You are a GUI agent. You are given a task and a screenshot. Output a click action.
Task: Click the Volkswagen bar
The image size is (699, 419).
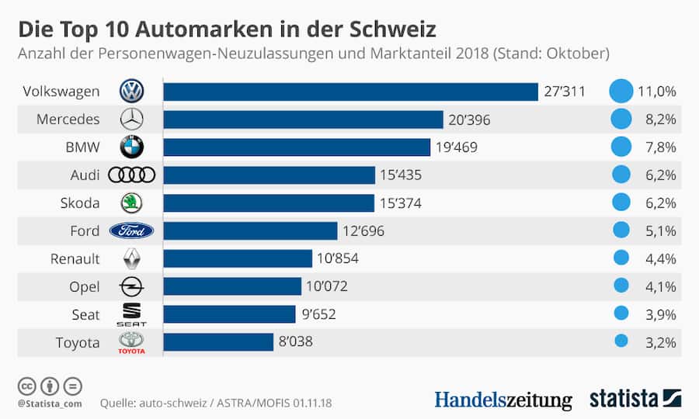tap(350, 92)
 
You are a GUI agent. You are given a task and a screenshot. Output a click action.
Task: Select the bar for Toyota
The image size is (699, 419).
tap(218, 341)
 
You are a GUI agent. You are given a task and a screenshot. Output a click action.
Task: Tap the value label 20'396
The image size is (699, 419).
tap(469, 119)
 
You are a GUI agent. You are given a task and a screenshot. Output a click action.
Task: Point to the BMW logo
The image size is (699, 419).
tap(131, 147)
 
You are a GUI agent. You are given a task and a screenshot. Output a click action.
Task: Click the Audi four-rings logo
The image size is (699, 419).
tap(131, 175)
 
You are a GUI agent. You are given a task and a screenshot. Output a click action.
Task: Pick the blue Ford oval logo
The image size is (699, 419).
tap(131, 230)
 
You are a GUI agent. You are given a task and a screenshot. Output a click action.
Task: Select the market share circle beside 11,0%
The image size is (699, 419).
tap(621, 92)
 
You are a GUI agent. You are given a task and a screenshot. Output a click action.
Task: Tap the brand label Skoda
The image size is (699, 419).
tap(80, 203)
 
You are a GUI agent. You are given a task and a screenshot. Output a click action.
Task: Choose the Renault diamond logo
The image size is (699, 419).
tap(131, 258)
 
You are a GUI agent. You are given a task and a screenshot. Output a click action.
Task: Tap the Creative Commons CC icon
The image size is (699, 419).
tap(27, 386)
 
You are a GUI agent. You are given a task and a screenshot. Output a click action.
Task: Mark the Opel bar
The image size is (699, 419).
tap(232, 286)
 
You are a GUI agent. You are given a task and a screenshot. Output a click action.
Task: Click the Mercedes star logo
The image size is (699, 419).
tap(131, 119)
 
